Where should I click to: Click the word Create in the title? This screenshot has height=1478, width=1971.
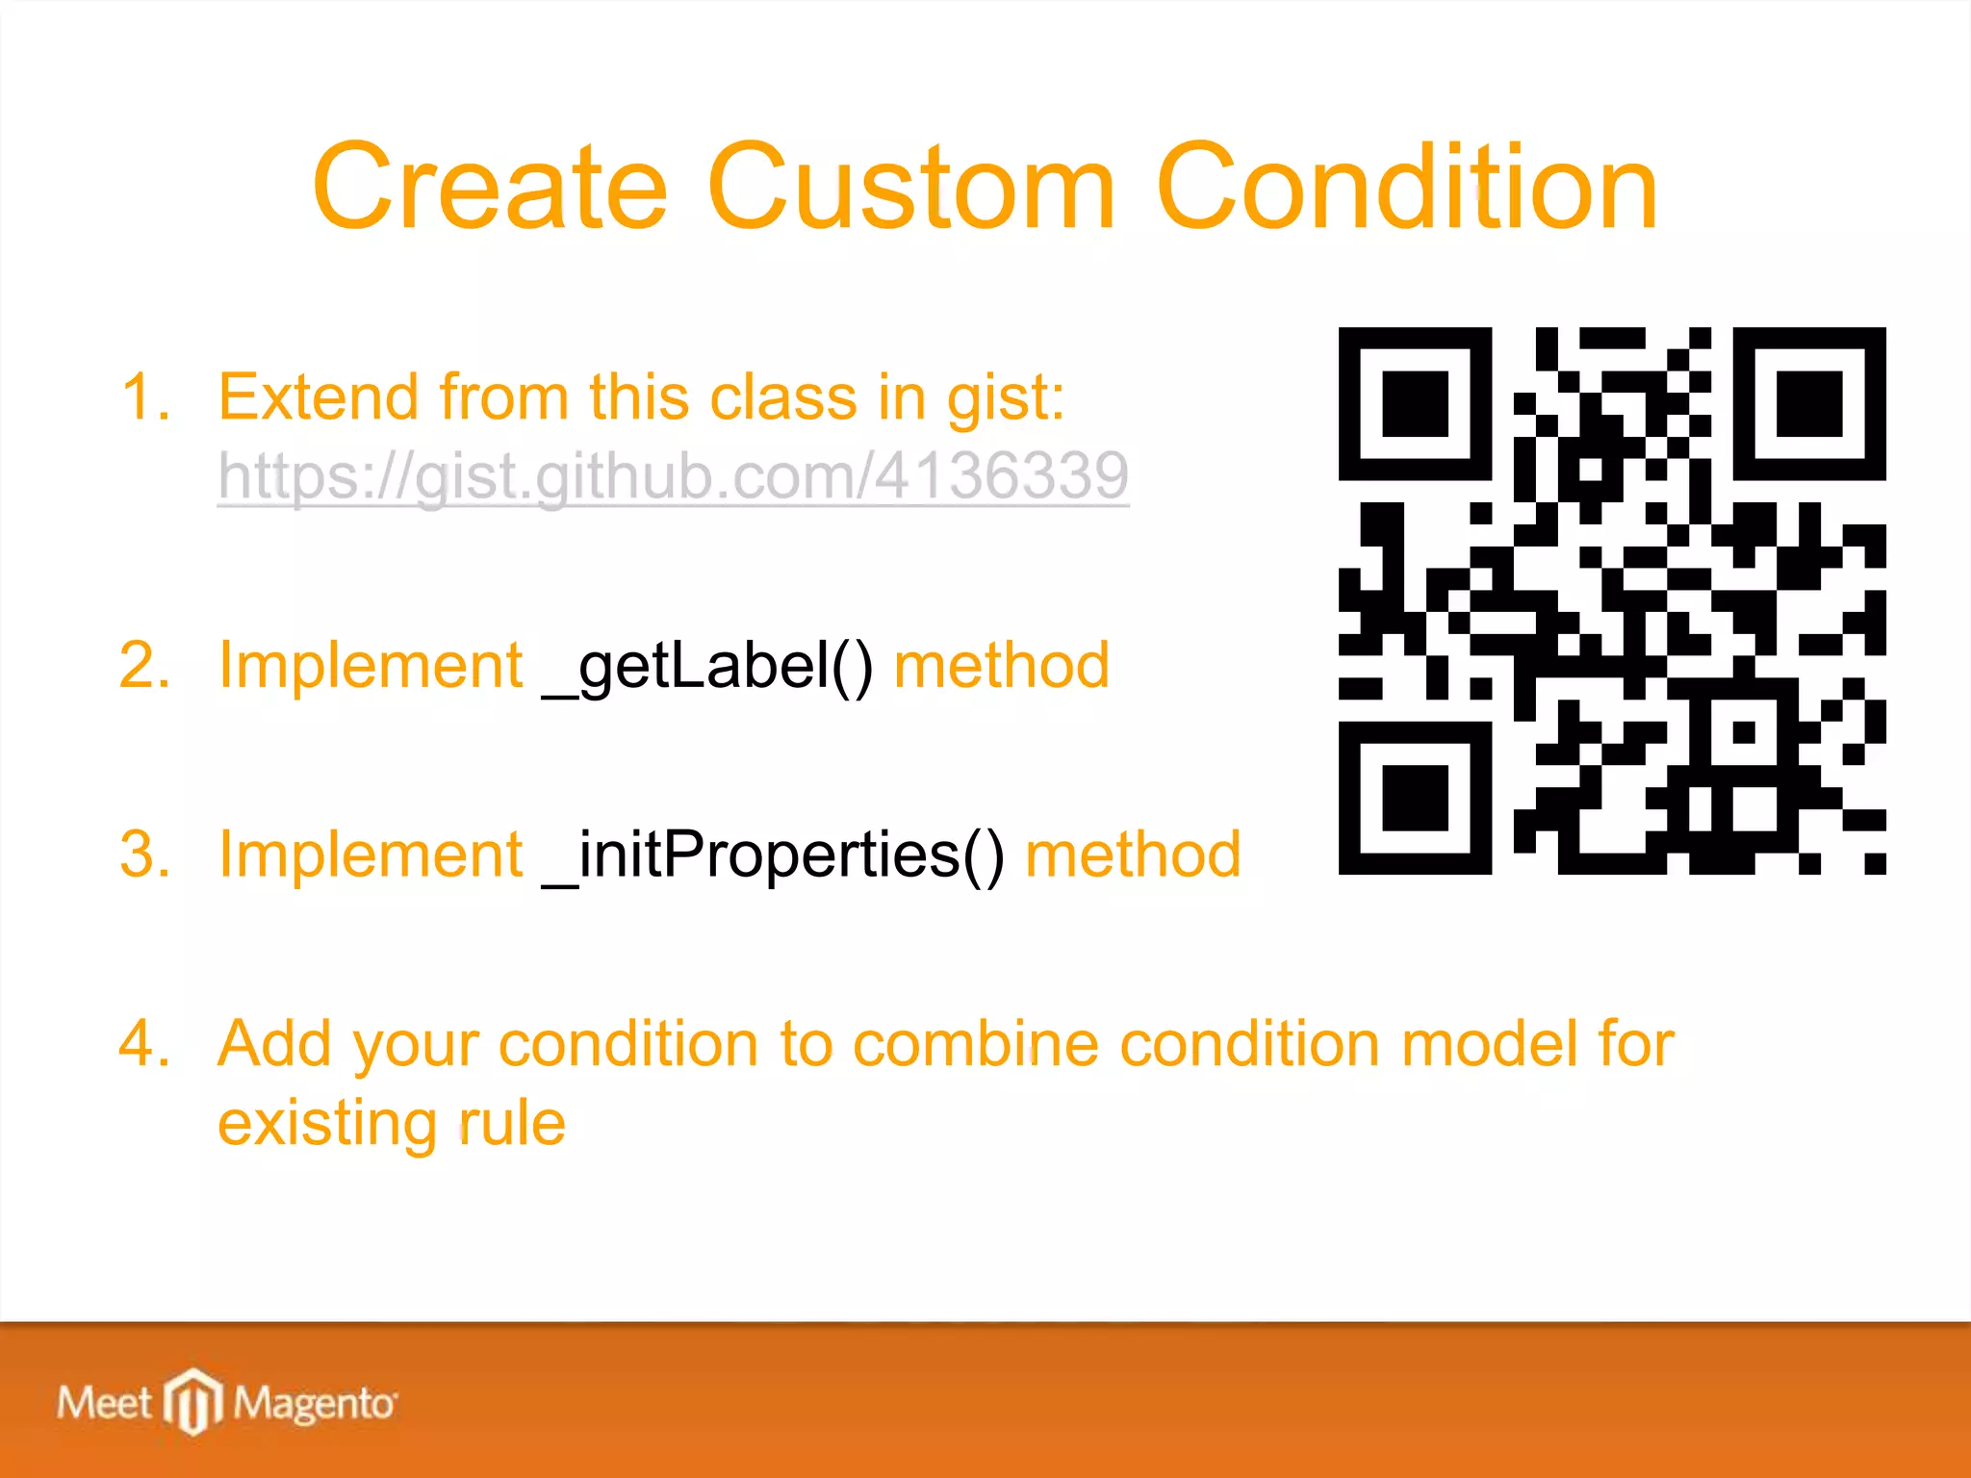tap(489, 188)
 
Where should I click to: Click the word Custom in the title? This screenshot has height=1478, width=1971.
tap(910, 188)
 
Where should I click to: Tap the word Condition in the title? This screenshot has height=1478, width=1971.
tap(1406, 188)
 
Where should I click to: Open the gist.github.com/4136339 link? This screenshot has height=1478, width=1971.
tap(673, 475)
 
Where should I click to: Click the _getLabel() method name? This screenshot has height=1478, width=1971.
tap(707, 666)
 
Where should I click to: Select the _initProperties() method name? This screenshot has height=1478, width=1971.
tap(773, 854)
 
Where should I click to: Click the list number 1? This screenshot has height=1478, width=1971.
tap(144, 397)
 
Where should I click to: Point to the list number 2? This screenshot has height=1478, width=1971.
tap(144, 666)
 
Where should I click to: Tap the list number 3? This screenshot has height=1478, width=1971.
tap(144, 854)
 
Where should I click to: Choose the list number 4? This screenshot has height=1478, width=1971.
tap(144, 1044)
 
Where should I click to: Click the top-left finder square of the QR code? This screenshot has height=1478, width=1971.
tap(1415, 404)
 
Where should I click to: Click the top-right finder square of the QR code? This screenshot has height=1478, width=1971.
tap(1808, 404)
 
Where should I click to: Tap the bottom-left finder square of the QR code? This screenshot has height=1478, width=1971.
tap(1415, 798)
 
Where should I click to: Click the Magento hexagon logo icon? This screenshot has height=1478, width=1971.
tap(193, 1401)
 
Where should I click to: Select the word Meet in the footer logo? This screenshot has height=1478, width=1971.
tap(104, 1403)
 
